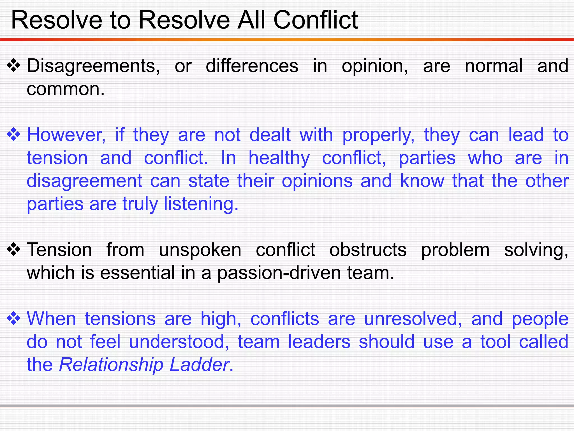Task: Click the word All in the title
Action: tap(251, 20)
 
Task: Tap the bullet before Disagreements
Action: tap(13, 66)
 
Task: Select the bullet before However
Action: tap(13, 135)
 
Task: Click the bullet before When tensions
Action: tap(13, 319)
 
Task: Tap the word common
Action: tap(65, 89)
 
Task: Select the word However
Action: tap(66, 135)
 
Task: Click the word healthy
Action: tap(279, 158)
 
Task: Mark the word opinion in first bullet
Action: tap(375, 67)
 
